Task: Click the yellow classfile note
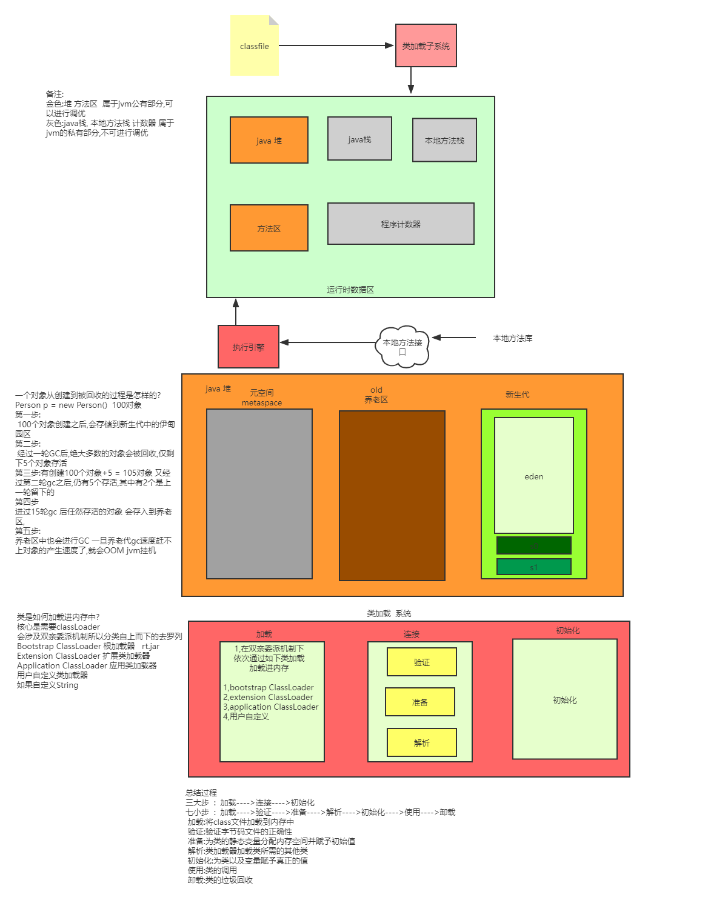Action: [x=254, y=46]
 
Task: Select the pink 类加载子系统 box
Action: [x=426, y=45]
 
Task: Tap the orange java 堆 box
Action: [x=269, y=140]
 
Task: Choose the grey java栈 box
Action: [x=359, y=139]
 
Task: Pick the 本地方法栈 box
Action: [x=444, y=140]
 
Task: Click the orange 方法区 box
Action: [x=269, y=228]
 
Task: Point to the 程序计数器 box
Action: [x=401, y=224]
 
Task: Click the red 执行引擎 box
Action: [x=248, y=347]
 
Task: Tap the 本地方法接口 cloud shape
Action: [x=402, y=346]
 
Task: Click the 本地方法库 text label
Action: [x=512, y=338]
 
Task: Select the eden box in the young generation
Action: [x=533, y=476]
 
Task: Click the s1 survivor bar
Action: [x=533, y=567]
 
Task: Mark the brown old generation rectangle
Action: [x=392, y=495]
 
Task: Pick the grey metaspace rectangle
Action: [x=259, y=493]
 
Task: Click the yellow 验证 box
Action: [x=421, y=662]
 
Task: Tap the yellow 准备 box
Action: [x=419, y=702]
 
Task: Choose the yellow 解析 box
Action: [x=421, y=742]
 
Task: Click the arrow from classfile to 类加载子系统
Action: [x=336, y=45]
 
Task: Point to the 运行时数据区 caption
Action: [x=350, y=290]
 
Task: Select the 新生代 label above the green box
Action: [x=517, y=395]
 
